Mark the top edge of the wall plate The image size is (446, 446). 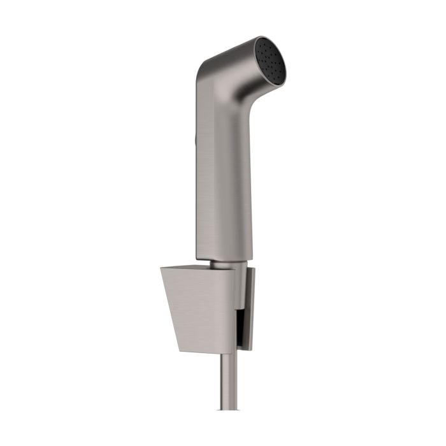(x=251, y=268)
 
